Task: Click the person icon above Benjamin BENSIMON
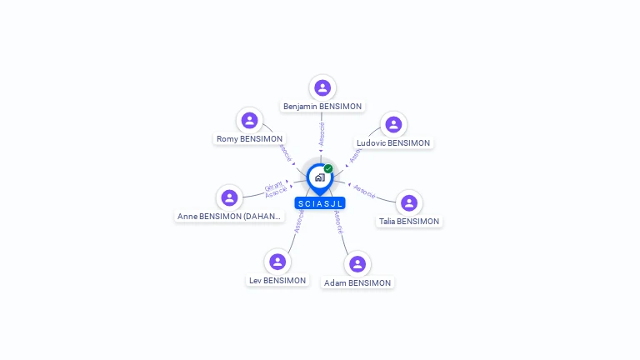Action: (322, 87)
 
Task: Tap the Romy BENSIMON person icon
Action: (249, 120)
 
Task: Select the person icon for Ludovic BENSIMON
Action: (393, 124)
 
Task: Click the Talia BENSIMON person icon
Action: (408, 202)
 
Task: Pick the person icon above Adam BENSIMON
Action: (357, 264)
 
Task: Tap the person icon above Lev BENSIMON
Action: (277, 262)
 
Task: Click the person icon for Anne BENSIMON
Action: (229, 197)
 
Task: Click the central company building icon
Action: (319, 177)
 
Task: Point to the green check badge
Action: (328, 168)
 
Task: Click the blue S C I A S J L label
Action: (320, 203)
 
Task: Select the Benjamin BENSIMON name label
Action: (322, 107)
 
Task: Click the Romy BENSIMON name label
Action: (249, 139)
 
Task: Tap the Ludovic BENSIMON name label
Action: (393, 143)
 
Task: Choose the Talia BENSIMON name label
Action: (408, 222)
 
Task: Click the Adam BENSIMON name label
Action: (357, 283)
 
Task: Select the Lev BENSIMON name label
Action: (277, 281)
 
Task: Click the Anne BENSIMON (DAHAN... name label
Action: (230, 217)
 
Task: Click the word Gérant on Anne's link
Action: (273, 187)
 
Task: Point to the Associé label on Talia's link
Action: (364, 190)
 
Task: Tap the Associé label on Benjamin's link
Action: (322, 134)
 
